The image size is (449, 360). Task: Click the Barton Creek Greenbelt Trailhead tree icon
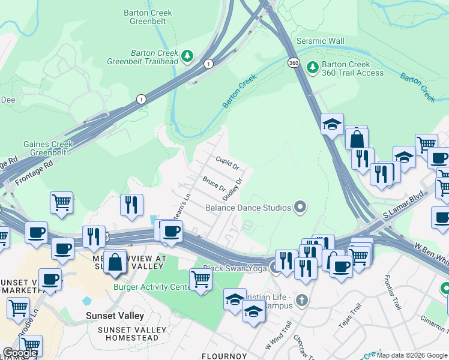click(x=188, y=56)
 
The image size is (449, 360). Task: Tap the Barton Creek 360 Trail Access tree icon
click(x=312, y=67)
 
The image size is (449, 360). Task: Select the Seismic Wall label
click(x=321, y=41)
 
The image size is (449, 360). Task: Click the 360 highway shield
click(x=293, y=62)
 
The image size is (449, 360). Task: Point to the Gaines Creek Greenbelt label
click(x=48, y=148)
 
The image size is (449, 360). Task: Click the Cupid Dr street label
click(x=228, y=162)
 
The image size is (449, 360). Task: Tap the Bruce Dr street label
click(x=213, y=182)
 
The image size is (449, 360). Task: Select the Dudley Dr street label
click(x=232, y=189)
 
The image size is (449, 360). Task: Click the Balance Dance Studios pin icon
click(x=301, y=208)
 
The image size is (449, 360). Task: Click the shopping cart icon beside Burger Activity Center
click(x=200, y=279)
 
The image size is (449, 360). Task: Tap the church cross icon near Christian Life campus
click(x=303, y=299)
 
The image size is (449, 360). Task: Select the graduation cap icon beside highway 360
click(x=332, y=124)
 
